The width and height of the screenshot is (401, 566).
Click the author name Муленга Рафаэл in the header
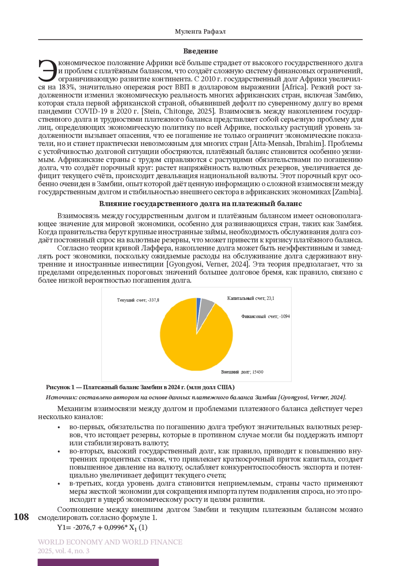point(200,32)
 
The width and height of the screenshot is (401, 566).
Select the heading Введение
point(200,51)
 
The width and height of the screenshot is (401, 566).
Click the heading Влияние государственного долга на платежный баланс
point(200,204)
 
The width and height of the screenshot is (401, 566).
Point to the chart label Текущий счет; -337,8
point(138,300)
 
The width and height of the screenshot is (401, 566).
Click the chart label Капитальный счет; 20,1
point(251,299)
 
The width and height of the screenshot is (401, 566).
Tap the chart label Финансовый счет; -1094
point(265,317)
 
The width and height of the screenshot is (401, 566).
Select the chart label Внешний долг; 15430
point(242,372)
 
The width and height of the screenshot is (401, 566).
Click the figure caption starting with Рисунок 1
point(140,388)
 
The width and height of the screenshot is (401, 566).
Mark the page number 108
point(21,517)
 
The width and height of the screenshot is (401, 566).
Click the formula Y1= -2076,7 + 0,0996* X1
point(102,527)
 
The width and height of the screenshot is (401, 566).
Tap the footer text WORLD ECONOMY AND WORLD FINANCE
point(110,542)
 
